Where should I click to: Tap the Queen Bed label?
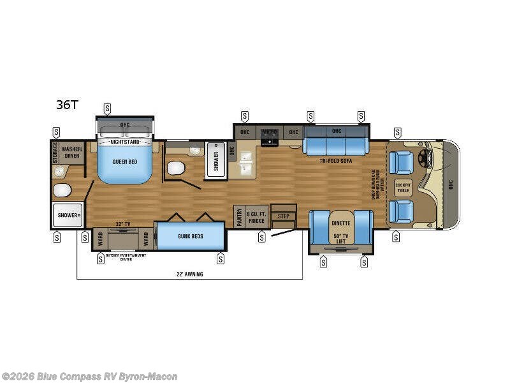(126, 162)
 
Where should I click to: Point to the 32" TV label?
(124, 224)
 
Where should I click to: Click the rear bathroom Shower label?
(66, 216)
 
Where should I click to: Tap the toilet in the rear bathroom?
(62, 190)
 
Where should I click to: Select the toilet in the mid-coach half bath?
(175, 169)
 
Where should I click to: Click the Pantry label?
(238, 217)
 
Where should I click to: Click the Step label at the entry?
(283, 216)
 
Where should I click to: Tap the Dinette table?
(340, 223)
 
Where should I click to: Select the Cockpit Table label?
(402, 187)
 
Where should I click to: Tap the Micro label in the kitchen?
(268, 132)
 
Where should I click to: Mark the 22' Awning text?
(189, 274)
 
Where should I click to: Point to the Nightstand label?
(124, 142)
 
